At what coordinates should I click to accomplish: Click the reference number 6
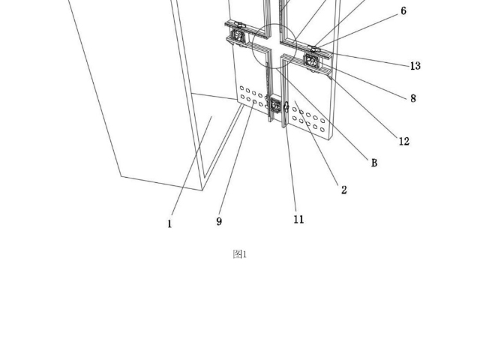(x=403, y=11)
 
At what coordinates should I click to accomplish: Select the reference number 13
(x=415, y=66)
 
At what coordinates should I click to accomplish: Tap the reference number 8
(x=413, y=98)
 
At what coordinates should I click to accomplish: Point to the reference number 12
(x=404, y=141)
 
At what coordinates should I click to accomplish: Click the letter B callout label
(x=374, y=163)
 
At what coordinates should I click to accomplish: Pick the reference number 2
(x=344, y=190)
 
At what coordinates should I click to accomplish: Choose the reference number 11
(x=298, y=219)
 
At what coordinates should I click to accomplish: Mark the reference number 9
(x=219, y=221)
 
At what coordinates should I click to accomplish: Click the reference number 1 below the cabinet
(x=170, y=224)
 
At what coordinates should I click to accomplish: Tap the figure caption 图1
(x=240, y=254)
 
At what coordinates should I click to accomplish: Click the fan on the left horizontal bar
(x=238, y=35)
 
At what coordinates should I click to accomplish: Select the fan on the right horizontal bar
(x=311, y=60)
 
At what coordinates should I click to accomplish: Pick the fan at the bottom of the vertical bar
(x=275, y=106)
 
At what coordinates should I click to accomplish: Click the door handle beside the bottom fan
(x=286, y=106)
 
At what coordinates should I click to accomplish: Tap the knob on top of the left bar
(x=238, y=24)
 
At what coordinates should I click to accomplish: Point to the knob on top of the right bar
(x=313, y=48)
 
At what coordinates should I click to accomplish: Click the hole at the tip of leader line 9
(x=254, y=101)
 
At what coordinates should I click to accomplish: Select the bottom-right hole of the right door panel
(x=322, y=130)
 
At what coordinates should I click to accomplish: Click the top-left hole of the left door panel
(x=241, y=88)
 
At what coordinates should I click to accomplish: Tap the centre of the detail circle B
(x=274, y=46)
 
